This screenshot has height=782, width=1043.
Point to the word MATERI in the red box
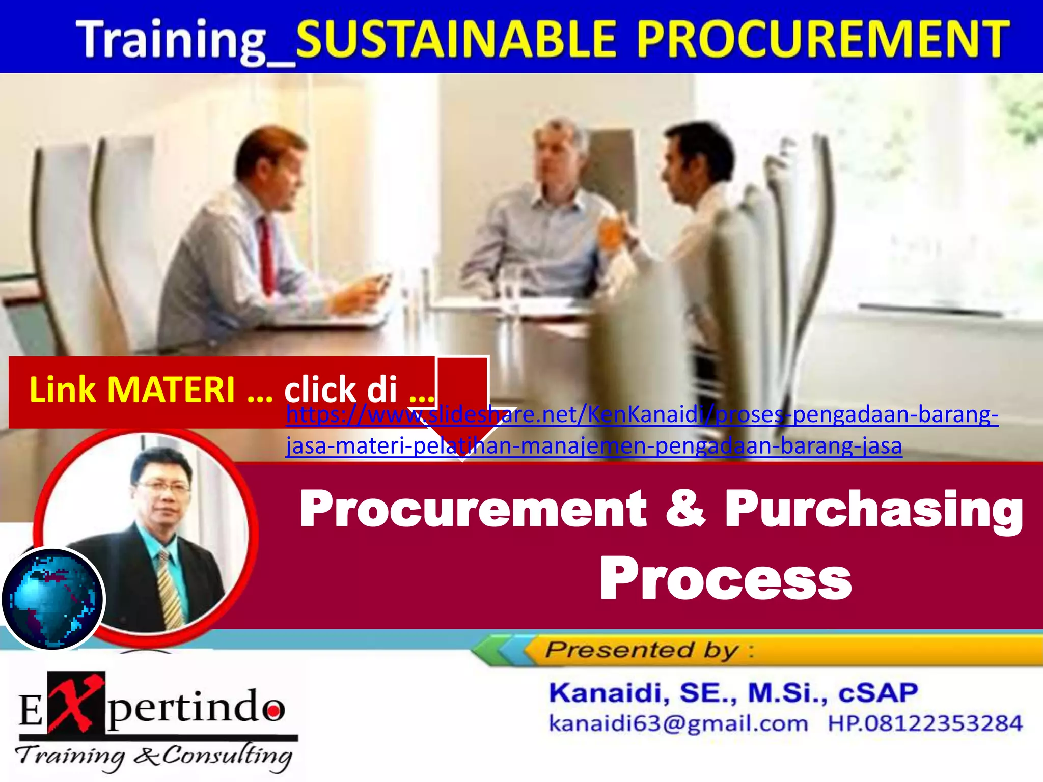pyautogui.click(x=171, y=390)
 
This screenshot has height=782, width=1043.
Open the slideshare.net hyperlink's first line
pyautogui.click(x=642, y=415)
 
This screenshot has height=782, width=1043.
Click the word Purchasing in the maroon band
pyautogui.click(x=873, y=509)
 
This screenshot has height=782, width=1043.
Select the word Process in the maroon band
pyautogui.click(x=726, y=578)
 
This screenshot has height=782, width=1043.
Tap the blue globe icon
pyautogui.click(x=52, y=599)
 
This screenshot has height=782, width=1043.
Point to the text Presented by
pyautogui.click(x=642, y=650)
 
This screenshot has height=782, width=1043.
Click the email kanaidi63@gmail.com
pyautogui.click(x=677, y=723)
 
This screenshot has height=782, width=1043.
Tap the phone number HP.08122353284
pyautogui.click(x=924, y=723)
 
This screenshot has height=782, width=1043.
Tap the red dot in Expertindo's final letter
pyautogui.click(x=274, y=709)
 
